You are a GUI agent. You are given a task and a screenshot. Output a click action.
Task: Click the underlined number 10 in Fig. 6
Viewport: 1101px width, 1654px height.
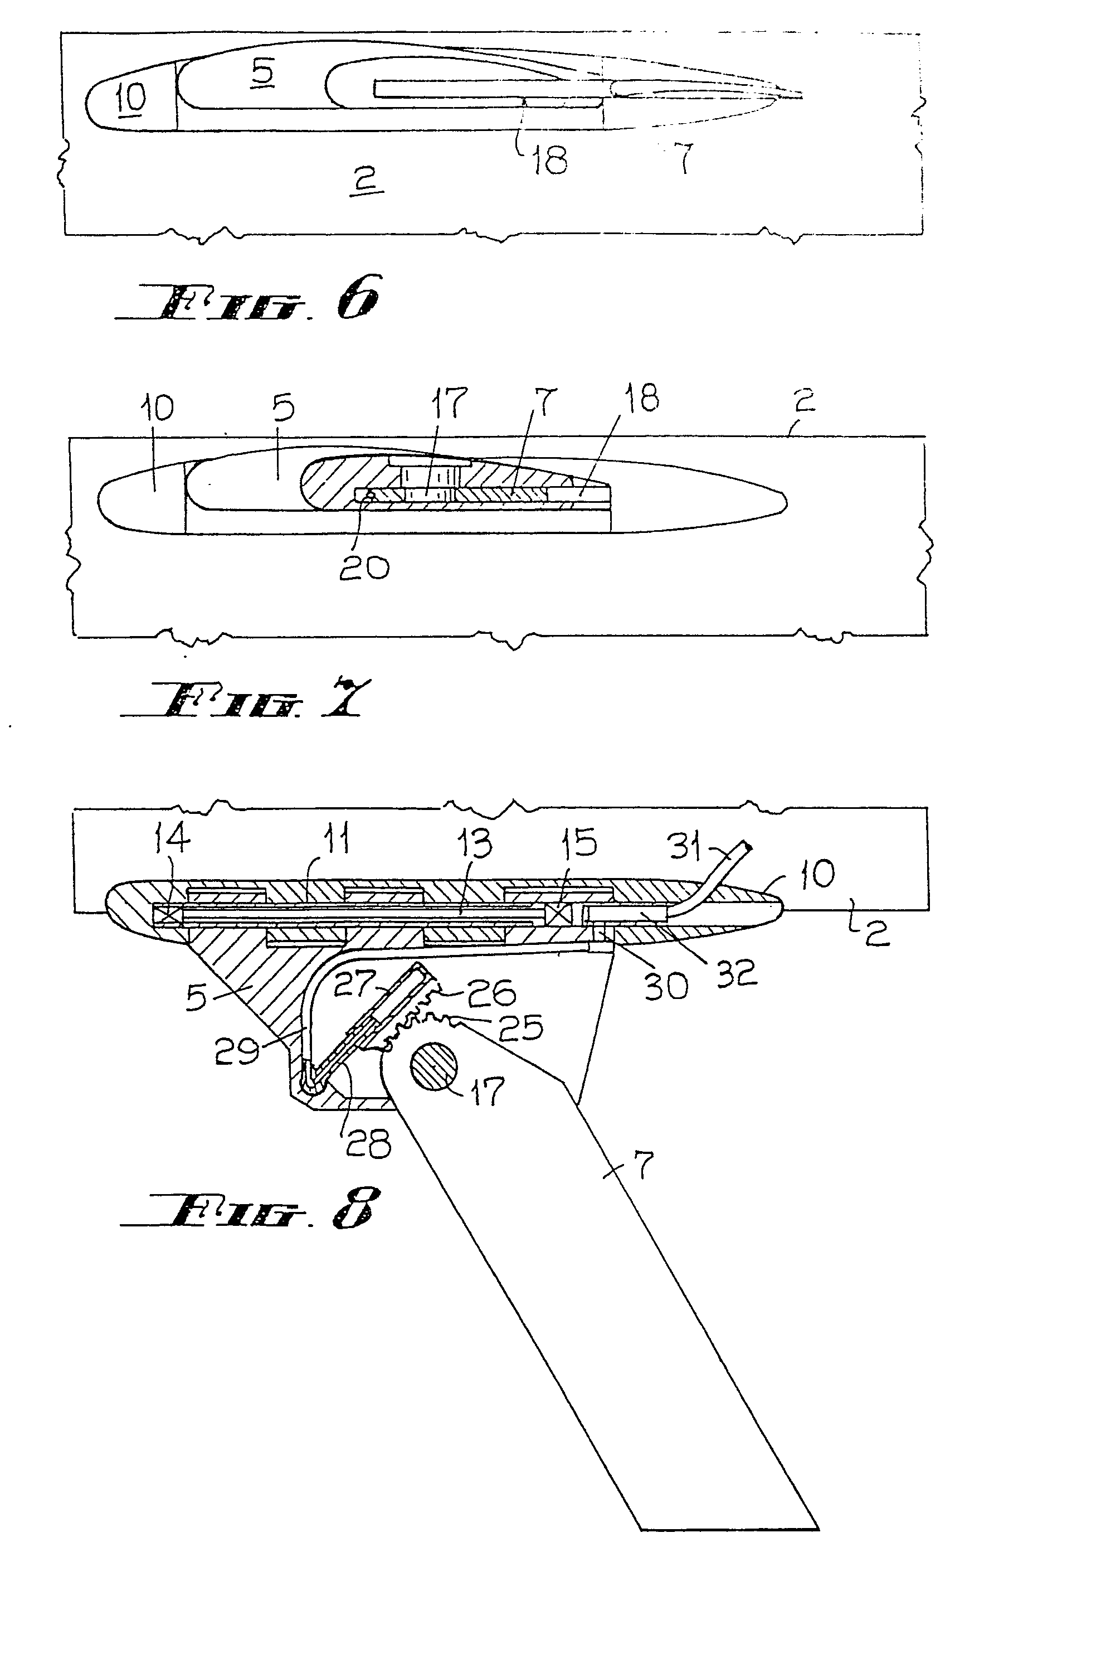[131, 98]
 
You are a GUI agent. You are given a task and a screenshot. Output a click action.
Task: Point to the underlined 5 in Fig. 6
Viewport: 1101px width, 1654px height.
[262, 72]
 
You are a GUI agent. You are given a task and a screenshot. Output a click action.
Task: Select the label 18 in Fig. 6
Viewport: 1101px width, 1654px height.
[549, 159]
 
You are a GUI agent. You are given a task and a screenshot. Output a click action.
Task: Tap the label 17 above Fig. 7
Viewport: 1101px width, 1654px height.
[449, 402]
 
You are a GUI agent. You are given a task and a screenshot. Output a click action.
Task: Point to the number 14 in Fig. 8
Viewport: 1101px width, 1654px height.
[170, 840]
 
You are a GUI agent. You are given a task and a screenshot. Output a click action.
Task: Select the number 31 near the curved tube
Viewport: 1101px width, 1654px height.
[685, 848]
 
